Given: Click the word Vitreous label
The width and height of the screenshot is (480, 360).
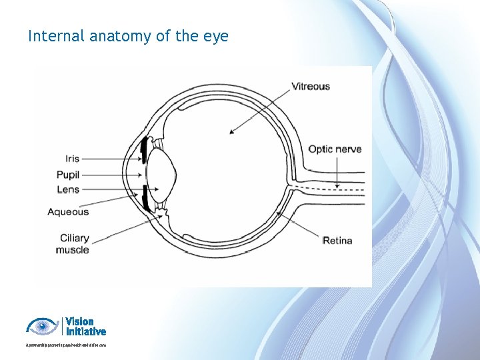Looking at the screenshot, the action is coord(311,86).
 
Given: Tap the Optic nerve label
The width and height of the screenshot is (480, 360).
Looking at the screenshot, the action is coord(335,149).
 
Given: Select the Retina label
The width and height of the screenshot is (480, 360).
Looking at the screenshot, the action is coord(337,240).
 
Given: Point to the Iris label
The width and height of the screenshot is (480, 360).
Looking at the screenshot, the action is coord(72,159).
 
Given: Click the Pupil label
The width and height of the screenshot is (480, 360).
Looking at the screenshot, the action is coord(68,175).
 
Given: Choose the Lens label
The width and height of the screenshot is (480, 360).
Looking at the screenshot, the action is coord(68,189).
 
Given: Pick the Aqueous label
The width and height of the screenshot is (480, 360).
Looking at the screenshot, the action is coord(68,212).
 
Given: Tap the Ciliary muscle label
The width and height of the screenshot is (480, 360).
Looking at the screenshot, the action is coord(73,244).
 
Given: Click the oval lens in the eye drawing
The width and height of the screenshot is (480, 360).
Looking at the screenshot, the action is coord(162,175).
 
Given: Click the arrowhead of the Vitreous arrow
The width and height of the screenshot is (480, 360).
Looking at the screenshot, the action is coord(231,133).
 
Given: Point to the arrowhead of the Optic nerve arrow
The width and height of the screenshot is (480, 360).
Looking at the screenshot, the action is coord(337,186).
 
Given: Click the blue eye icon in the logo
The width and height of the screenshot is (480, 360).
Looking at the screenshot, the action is coord(42,326).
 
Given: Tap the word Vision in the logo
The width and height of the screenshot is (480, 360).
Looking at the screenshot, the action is coord(79,321).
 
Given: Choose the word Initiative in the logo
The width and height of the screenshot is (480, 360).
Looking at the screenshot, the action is coord(86,331).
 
